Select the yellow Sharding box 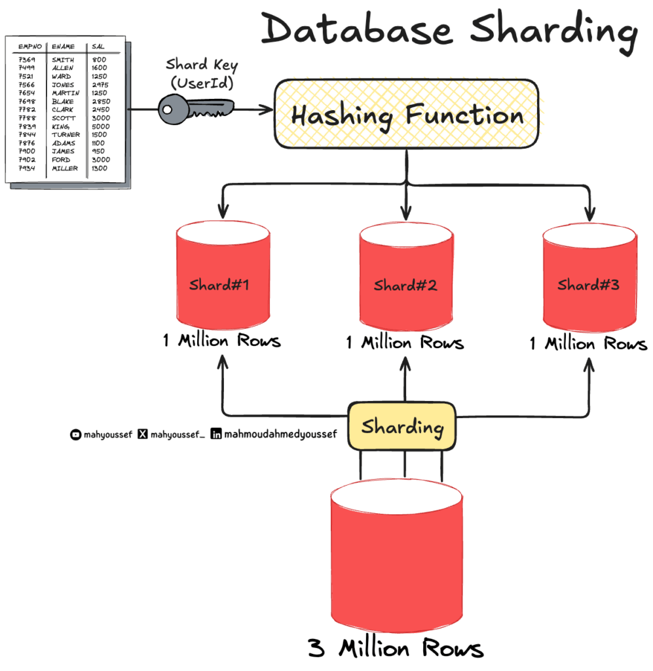tap(401, 427)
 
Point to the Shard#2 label tap(405, 285)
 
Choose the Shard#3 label tap(588, 285)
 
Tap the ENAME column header tap(64, 47)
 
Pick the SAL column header tap(99, 47)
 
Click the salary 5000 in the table tap(101, 126)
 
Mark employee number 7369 tap(27, 60)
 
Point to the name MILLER tap(65, 168)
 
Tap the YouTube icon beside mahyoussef tap(75, 434)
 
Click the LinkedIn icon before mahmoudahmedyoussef tap(215, 434)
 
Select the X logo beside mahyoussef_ tap(143, 434)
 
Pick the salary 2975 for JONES tap(101, 85)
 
